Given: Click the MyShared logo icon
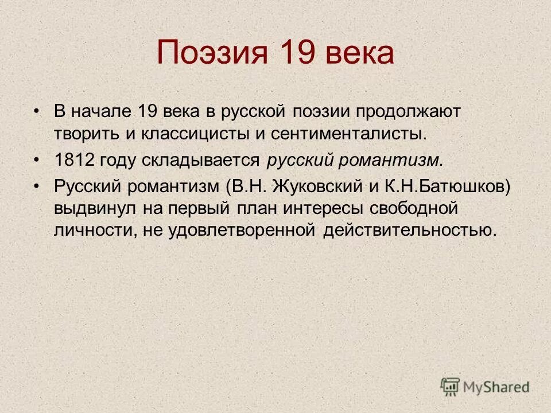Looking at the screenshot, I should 451,386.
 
